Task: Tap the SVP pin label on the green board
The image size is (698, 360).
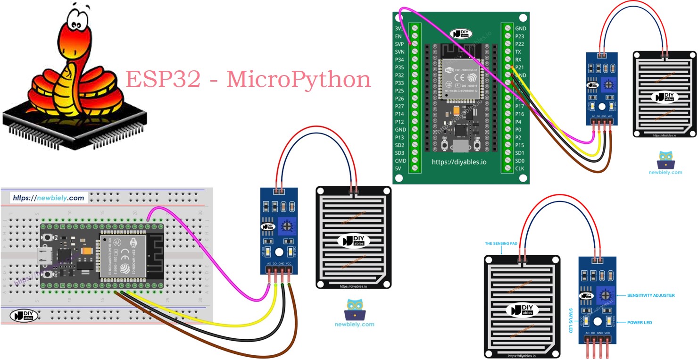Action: (x=399, y=44)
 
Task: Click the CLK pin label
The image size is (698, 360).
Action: (x=520, y=168)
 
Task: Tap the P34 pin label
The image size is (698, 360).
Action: (x=399, y=59)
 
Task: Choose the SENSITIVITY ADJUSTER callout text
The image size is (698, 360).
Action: (x=650, y=295)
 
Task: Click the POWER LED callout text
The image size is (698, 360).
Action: (x=640, y=323)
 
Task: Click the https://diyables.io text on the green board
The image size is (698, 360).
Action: (x=459, y=162)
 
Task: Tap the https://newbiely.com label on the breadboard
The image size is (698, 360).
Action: (x=48, y=198)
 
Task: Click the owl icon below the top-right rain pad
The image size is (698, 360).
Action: (x=666, y=160)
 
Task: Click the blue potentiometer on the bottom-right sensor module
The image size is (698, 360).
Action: (x=604, y=296)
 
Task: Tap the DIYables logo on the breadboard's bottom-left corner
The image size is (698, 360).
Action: (x=24, y=316)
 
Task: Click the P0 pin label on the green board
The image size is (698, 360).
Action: (x=518, y=130)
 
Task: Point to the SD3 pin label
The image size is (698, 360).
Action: (x=399, y=153)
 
